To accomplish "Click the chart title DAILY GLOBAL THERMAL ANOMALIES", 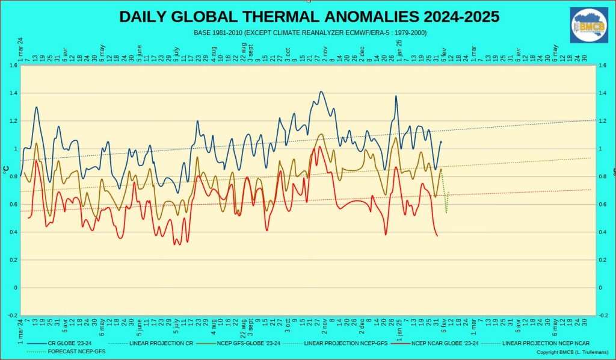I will pos(309,17).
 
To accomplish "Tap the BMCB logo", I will pos(589,25).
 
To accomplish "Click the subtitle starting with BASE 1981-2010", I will pos(310,32).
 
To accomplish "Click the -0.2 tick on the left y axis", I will pos(12,315).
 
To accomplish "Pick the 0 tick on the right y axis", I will pos(600,288).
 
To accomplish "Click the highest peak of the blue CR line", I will pos(321,92).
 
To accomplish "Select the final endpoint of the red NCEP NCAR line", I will pos(437,235).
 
